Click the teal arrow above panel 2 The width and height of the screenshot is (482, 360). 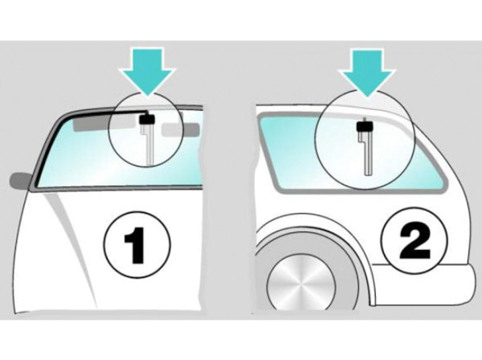(366, 72)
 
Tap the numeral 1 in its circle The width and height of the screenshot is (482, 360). (135, 245)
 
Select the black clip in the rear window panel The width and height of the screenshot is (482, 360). (365, 126)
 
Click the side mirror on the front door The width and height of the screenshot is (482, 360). (21, 181)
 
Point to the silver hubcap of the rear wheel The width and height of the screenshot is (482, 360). (300, 287)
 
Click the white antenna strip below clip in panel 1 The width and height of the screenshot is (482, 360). (149, 142)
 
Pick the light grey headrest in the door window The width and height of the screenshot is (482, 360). (181, 129)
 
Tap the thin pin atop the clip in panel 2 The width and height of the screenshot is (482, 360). (364, 119)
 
